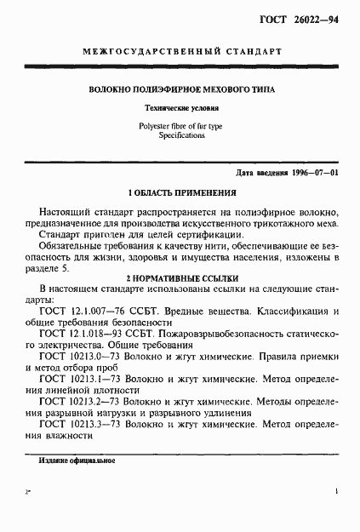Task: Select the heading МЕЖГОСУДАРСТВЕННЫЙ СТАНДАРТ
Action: tap(180, 52)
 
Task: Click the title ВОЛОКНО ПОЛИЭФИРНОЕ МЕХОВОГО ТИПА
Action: tap(180, 89)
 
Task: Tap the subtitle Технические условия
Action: tap(180, 109)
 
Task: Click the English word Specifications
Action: tap(180, 135)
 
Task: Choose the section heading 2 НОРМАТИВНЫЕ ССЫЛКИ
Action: tap(180, 277)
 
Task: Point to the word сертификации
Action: tap(204, 234)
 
